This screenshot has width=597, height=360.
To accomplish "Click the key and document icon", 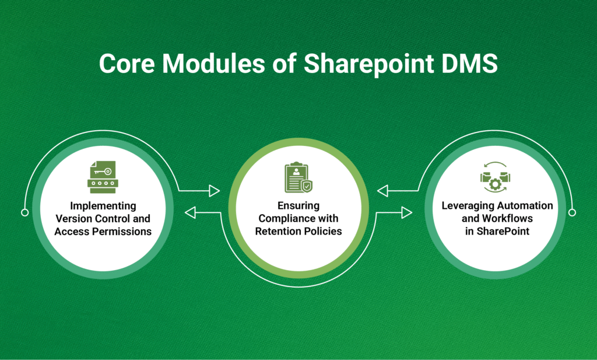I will point(102,177).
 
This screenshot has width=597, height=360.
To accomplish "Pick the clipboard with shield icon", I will point(298,177).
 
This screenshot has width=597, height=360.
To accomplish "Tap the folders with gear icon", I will point(495,177).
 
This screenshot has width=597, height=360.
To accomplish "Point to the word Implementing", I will point(103,206).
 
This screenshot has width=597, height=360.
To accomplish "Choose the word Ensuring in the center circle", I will point(299,206).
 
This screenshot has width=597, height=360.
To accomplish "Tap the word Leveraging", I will point(466,206).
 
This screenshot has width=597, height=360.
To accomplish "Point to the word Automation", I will point(524,206).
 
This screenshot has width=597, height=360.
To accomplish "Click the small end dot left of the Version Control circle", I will point(24,212).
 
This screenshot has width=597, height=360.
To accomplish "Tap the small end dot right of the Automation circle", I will point(573,212).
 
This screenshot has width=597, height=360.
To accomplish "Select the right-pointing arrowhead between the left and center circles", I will point(214,191).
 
